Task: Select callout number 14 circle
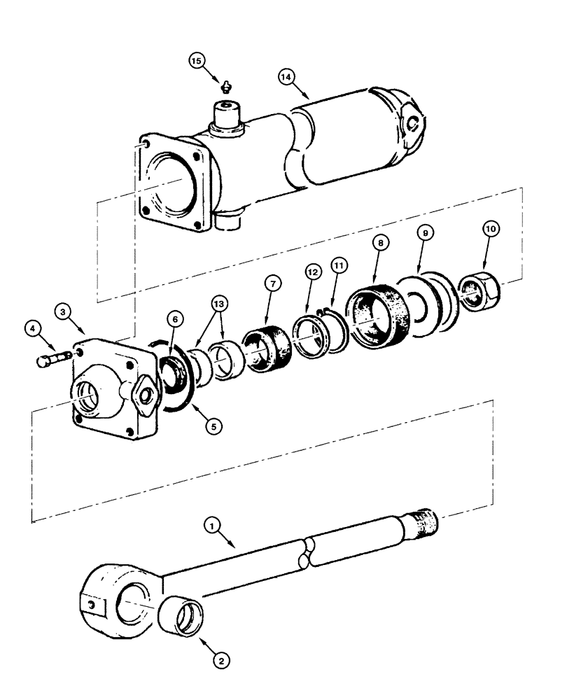(x=285, y=76)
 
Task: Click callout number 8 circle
(x=379, y=243)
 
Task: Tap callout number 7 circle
(x=272, y=283)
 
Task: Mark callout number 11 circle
(x=339, y=267)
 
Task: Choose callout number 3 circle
(x=64, y=309)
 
